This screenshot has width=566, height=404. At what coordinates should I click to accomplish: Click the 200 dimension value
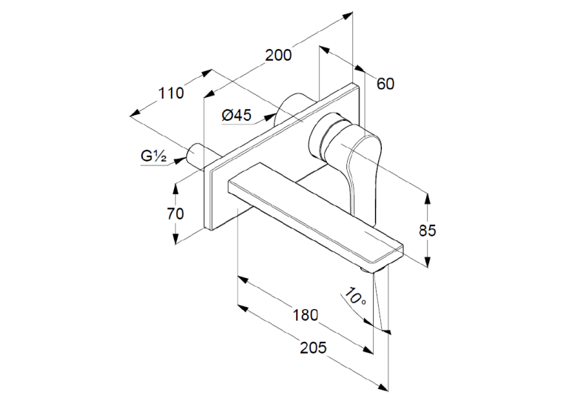tap(278, 56)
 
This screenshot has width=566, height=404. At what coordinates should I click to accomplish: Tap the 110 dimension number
tap(172, 93)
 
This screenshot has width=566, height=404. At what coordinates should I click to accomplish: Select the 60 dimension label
tap(385, 84)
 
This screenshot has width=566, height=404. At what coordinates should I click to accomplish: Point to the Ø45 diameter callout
tap(237, 116)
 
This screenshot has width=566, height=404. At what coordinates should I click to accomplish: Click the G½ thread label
tap(154, 156)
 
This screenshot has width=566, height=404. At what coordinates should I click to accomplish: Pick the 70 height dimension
tap(175, 213)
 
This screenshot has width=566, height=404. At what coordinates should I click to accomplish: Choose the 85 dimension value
tap(428, 231)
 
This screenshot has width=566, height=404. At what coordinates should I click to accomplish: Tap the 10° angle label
tap(354, 297)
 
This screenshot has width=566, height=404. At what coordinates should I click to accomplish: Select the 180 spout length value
tap(306, 315)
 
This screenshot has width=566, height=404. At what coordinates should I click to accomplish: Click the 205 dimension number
tap(313, 348)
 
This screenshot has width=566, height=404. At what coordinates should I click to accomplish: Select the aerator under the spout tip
tap(368, 270)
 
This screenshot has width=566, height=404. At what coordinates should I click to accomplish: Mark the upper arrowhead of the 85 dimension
tap(428, 199)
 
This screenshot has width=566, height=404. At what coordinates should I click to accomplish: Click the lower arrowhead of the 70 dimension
tap(175, 239)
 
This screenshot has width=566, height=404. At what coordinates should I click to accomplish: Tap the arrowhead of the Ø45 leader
tap(269, 117)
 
